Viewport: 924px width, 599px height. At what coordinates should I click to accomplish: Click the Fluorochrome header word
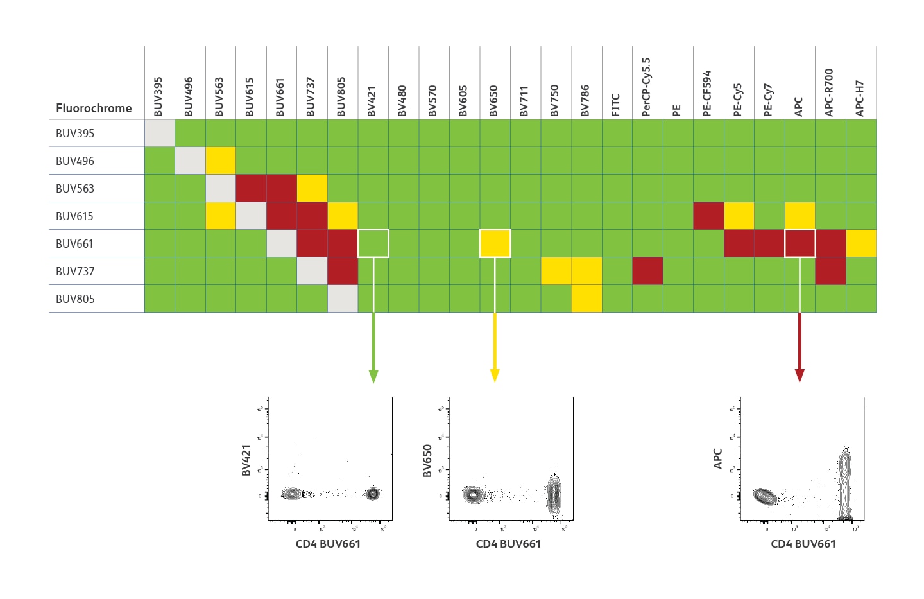[x=94, y=108]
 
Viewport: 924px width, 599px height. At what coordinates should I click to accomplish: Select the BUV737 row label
[x=75, y=271]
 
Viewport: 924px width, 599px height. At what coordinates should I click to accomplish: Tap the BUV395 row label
[x=75, y=133]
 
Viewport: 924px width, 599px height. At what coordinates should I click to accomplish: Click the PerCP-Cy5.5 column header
[x=646, y=87]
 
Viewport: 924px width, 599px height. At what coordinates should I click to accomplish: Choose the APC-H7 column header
[x=860, y=98]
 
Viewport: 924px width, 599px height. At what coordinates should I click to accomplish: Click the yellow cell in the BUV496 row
[x=221, y=161]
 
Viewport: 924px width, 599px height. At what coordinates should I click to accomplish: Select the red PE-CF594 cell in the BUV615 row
[x=708, y=216]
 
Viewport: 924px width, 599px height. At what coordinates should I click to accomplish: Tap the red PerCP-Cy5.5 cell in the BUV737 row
[x=647, y=271]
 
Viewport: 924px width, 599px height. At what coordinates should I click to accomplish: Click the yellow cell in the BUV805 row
[x=586, y=299]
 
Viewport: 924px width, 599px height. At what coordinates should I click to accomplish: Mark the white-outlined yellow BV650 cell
[x=495, y=243]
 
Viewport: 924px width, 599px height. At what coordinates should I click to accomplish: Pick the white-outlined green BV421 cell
[x=373, y=243]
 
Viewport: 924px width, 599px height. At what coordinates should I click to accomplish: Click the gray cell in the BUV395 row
[x=160, y=133]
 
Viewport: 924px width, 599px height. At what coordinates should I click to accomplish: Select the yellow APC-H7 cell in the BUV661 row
[x=861, y=243]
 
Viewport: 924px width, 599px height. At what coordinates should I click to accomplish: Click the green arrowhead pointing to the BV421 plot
[x=373, y=376]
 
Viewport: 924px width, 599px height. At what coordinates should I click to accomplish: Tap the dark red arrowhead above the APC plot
[x=800, y=376]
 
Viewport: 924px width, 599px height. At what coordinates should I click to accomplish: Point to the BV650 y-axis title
[x=427, y=461]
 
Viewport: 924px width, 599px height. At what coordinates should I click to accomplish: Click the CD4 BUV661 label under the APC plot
[x=803, y=544]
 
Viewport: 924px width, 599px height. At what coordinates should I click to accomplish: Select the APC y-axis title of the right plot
[x=718, y=458]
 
